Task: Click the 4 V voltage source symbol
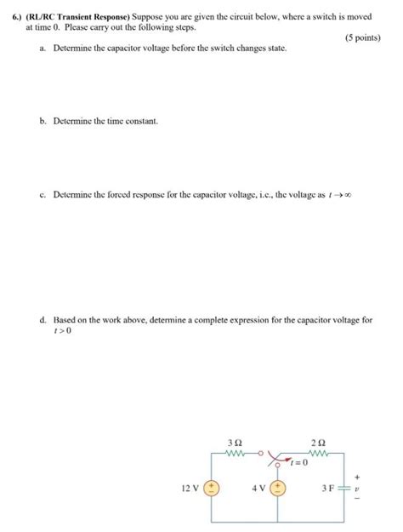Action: coord(280,489)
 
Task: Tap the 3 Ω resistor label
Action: coord(236,443)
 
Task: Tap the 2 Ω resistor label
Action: coord(317,443)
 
